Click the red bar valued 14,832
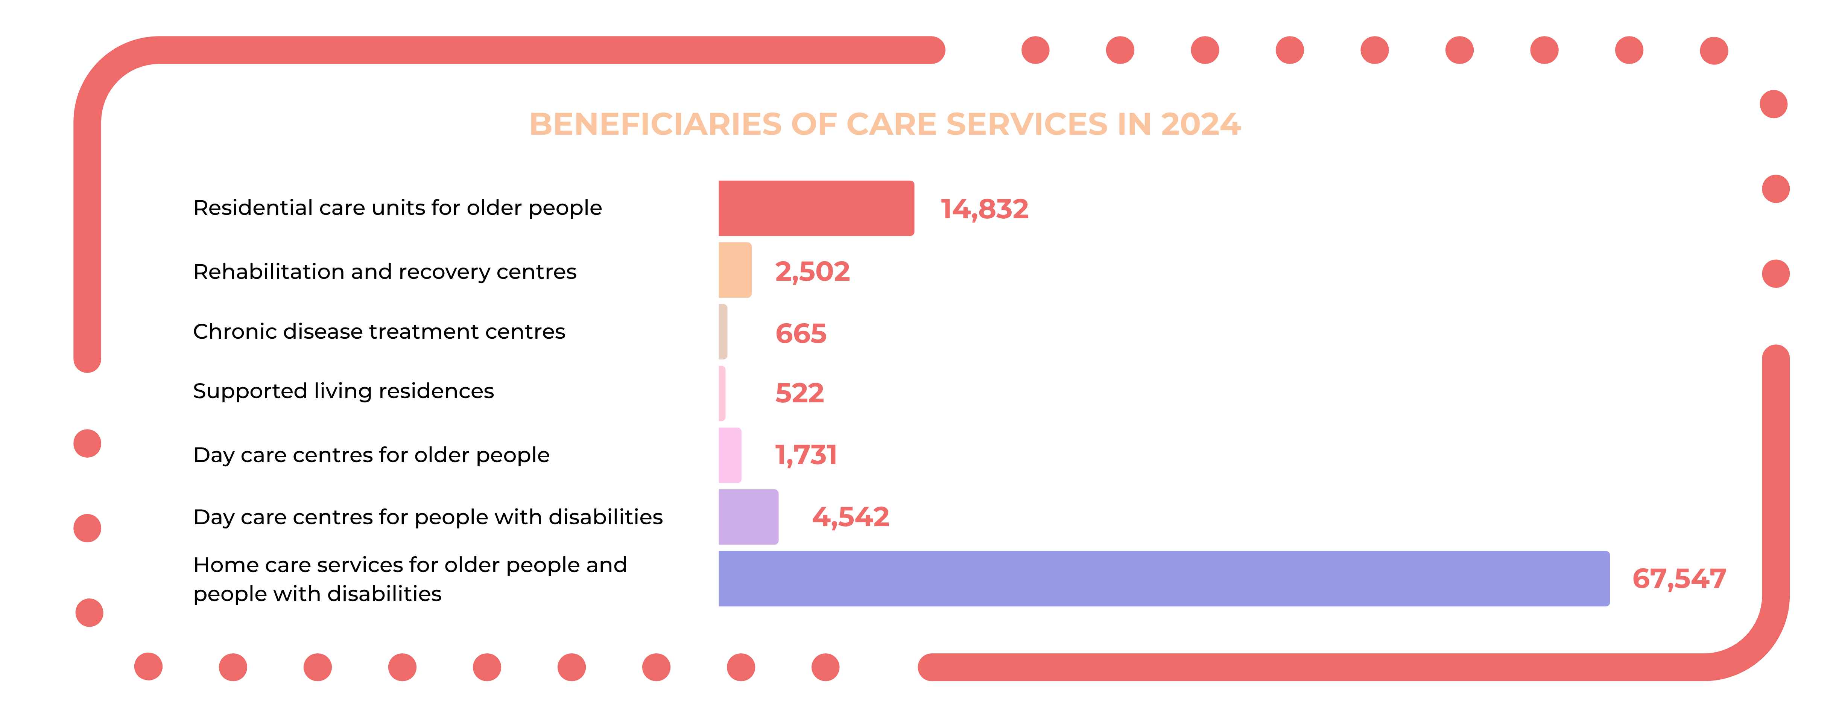pyautogui.click(x=816, y=208)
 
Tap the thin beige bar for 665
pyautogui.click(x=723, y=332)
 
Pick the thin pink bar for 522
pyautogui.click(x=722, y=393)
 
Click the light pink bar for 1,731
pyautogui.click(x=730, y=455)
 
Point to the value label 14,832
pyautogui.click(x=984, y=209)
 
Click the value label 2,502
pyautogui.click(x=813, y=271)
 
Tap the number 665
pyautogui.click(x=800, y=333)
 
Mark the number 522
pyautogui.click(x=799, y=393)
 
